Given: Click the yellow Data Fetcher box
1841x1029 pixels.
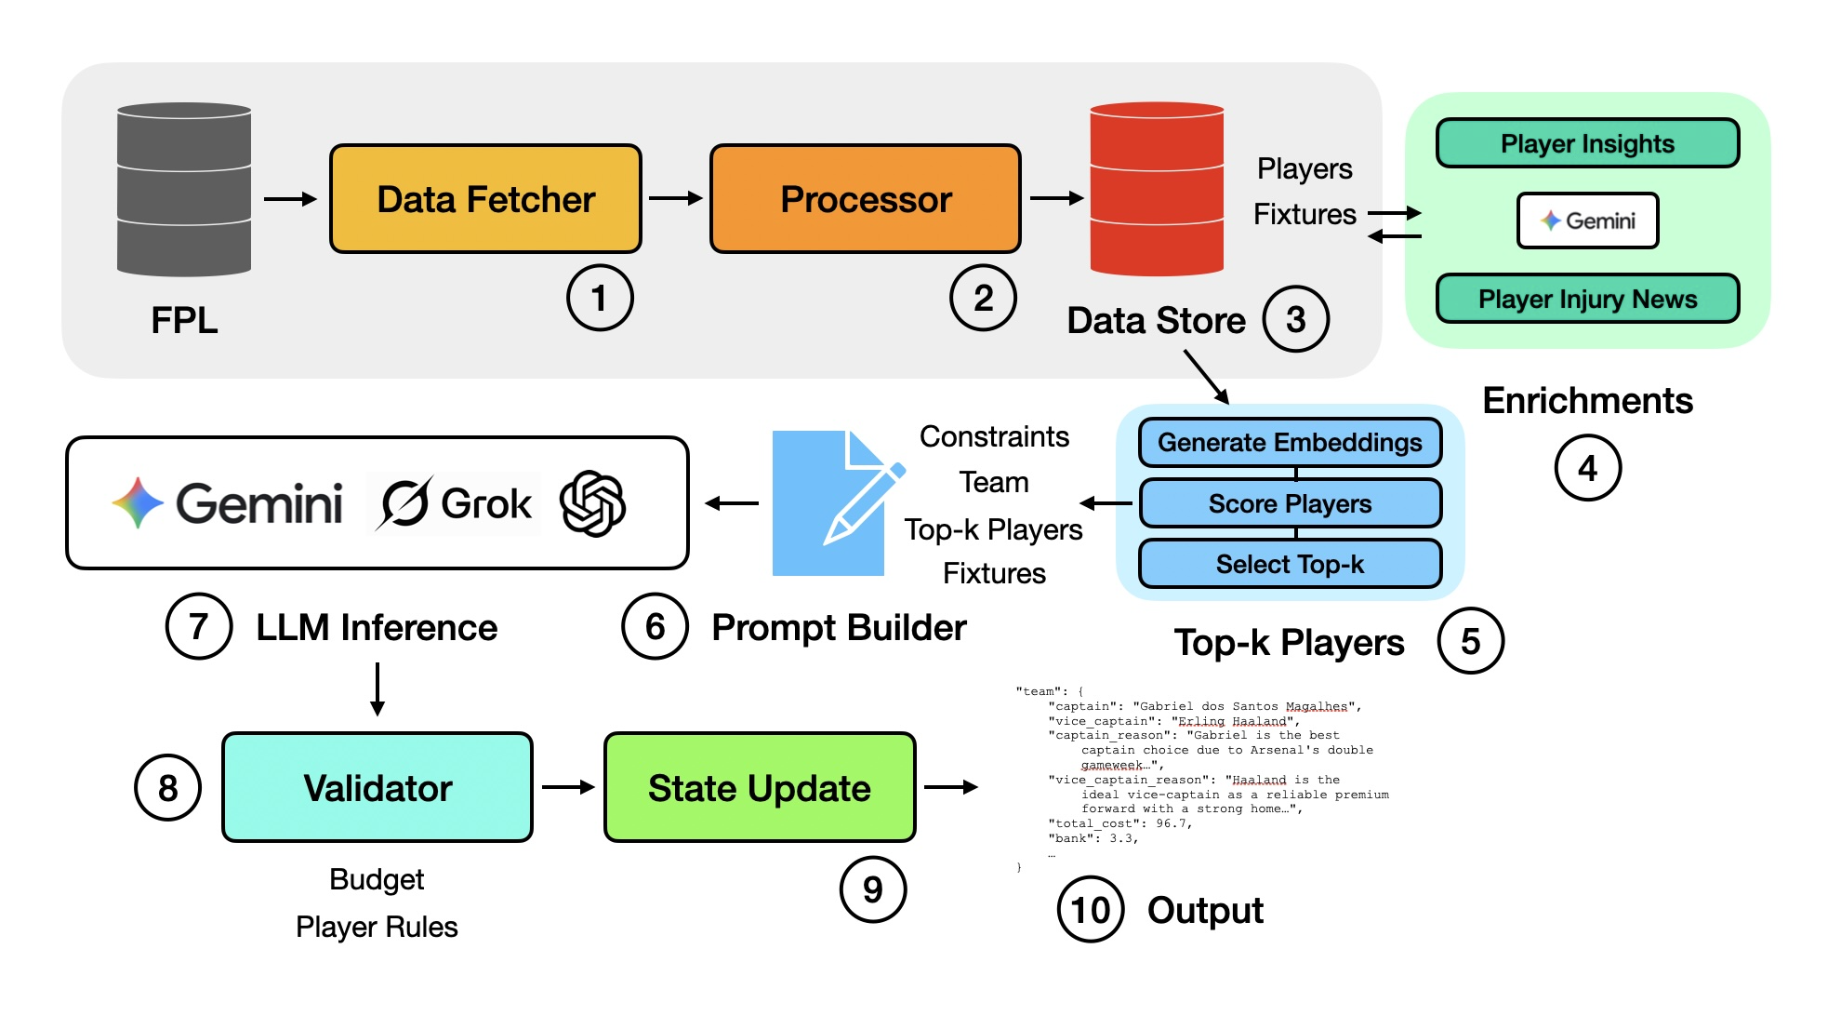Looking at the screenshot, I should pyautogui.click(x=485, y=199).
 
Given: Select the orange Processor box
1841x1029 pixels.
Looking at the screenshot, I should pyautogui.click(x=865, y=199).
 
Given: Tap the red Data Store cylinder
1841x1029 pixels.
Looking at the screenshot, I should pyautogui.click(x=1156, y=190).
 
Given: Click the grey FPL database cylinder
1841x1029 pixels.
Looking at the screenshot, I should pyautogui.click(x=184, y=190).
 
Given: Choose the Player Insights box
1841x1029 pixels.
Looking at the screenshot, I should pyautogui.click(x=1587, y=143).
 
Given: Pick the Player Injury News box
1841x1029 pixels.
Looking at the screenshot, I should pyautogui.click(x=1587, y=299).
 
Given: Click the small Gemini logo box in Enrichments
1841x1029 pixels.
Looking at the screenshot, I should pyautogui.click(x=1587, y=220).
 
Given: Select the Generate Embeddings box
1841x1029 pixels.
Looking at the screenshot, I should pyautogui.click(x=1290, y=443).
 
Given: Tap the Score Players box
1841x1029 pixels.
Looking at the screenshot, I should pyautogui.click(x=1290, y=503).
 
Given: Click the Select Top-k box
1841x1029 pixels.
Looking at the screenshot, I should pyautogui.click(x=1290, y=564).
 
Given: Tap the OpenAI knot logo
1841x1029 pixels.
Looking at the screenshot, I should pyautogui.click(x=592, y=503).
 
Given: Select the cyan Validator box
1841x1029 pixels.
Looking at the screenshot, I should pyautogui.click(x=377, y=787).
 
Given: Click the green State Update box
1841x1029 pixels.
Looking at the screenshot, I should pyautogui.click(x=760, y=787).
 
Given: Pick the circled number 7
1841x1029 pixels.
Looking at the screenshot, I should pyautogui.click(x=198, y=627).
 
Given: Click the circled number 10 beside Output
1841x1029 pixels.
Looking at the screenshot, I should pyautogui.click(x=1091, y=910).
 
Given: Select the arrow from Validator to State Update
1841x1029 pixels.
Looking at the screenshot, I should pyautogui.click(x=567, y=787).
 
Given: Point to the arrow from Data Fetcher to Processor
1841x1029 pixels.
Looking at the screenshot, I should pyautogui.click(x=675, y=198).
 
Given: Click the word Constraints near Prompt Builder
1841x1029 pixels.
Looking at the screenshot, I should pyautogui.click(x=994, y=436).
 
